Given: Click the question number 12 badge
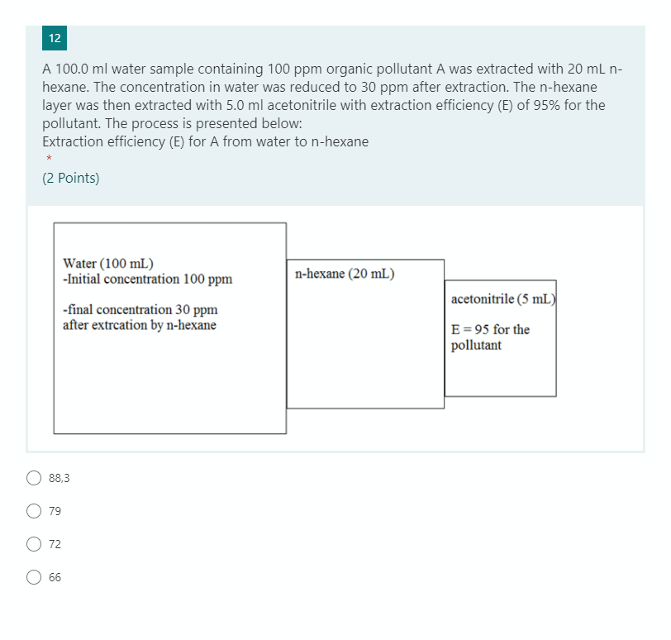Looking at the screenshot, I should coord(55,38).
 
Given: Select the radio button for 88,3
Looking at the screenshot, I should coord(34,477).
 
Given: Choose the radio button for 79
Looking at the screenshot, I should coord(34,511).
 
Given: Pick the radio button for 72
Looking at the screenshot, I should coord(34,544).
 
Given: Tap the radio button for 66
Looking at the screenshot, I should coord(34,577).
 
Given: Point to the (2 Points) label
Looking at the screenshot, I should coord(70,178).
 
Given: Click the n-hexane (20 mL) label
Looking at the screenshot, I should coord(344,274).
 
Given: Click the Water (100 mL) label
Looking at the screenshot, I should coord(107,264).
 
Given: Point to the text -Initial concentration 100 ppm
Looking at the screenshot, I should coord(147,279).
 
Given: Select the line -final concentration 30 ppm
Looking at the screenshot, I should coord(140,310).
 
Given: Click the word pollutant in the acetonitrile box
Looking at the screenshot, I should coord(476,345).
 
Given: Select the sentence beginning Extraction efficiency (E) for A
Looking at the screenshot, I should coord(205,141).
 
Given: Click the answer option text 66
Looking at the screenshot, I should coord(55,577).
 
